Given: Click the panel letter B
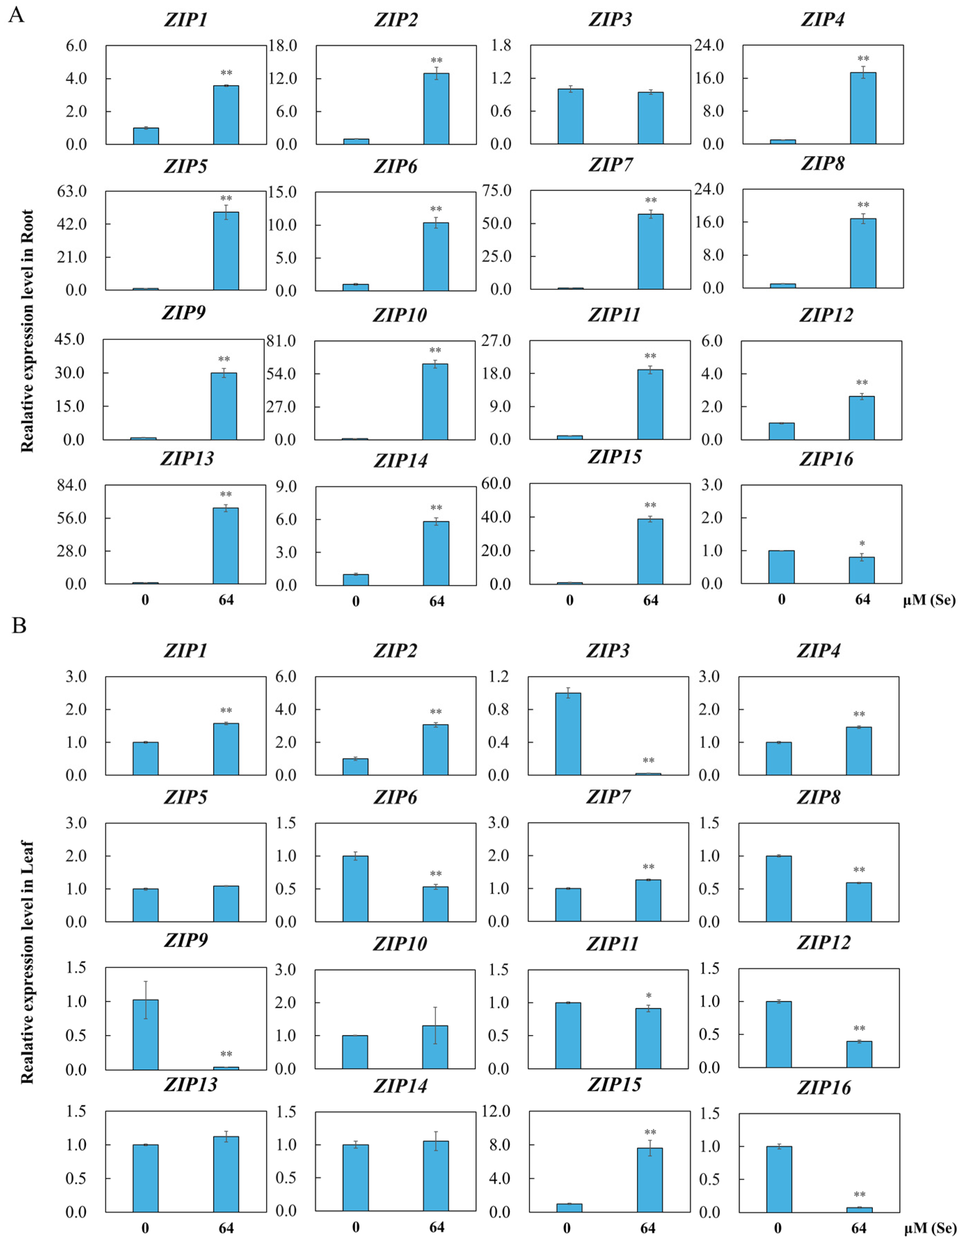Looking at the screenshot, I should click(19, 626).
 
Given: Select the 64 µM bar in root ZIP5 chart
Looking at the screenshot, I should click(226, 251).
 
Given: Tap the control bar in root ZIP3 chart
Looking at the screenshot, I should click(570, 116).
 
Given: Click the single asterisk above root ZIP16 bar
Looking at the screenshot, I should click(862, 544).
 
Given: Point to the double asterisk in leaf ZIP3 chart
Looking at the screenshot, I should click(648, 761).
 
